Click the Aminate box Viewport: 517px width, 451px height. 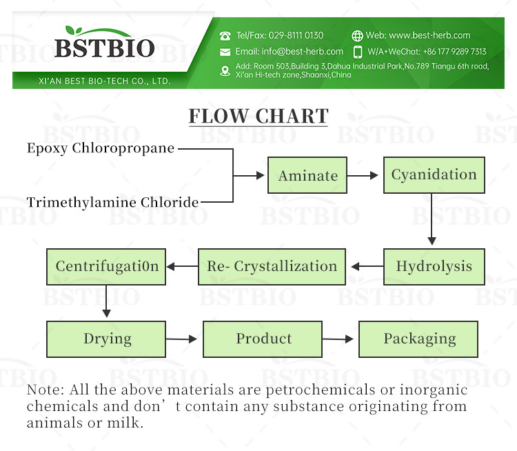coord(307,176)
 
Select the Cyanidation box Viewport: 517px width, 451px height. coord(434,175)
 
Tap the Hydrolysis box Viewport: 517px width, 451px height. coord(434,266)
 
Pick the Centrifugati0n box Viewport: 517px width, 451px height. coord(107,266)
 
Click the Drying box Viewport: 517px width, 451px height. coord(107,339)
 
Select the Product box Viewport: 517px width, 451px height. coord(263,339)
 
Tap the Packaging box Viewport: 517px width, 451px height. coord(419,339)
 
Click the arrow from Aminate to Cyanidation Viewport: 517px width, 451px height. coord(363,176)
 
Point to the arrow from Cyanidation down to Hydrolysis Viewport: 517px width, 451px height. coord(432,219)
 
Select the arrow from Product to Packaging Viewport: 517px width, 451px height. coord(338,339)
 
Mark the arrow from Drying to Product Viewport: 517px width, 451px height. coord(183,339)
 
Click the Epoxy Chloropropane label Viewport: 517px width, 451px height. coord(101,148)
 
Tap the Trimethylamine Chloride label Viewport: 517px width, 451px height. coord(112,202)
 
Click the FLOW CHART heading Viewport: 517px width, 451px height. coord(258,116)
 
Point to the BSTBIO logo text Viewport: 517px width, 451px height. coord(105,49)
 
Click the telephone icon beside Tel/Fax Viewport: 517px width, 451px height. coord(225,35)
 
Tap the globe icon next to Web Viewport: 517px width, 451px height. coord(357,35)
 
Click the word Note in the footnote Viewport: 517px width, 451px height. coord(43,390)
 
